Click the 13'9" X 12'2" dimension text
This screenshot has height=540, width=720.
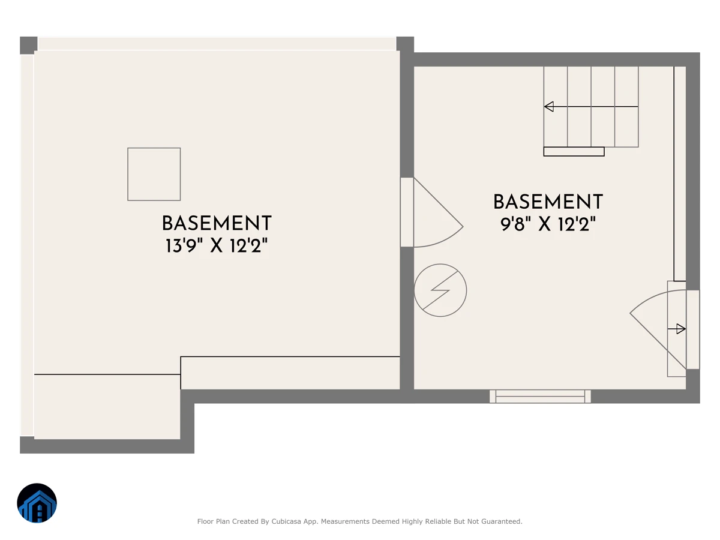pos(217,245)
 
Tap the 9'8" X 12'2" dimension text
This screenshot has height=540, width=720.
pos(548,224)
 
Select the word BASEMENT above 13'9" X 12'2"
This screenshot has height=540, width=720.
pos(217,223)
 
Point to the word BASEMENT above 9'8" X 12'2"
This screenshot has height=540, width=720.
pos(548,202)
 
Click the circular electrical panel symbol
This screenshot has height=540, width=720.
pos(440,290)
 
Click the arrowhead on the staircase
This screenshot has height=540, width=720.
pos(549,107)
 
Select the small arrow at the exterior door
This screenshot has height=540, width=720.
pos(676,329)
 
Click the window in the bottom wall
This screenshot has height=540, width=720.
pos(540,396)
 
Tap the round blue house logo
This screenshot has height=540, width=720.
pos(37,503)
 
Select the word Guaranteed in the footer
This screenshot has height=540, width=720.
pos(503,521)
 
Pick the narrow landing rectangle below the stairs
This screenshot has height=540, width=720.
pos(574,151)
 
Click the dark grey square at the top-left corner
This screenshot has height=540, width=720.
pos(29,45)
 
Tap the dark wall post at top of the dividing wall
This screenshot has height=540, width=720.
pos(405,44)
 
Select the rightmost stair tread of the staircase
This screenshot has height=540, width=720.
pos(626,107)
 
